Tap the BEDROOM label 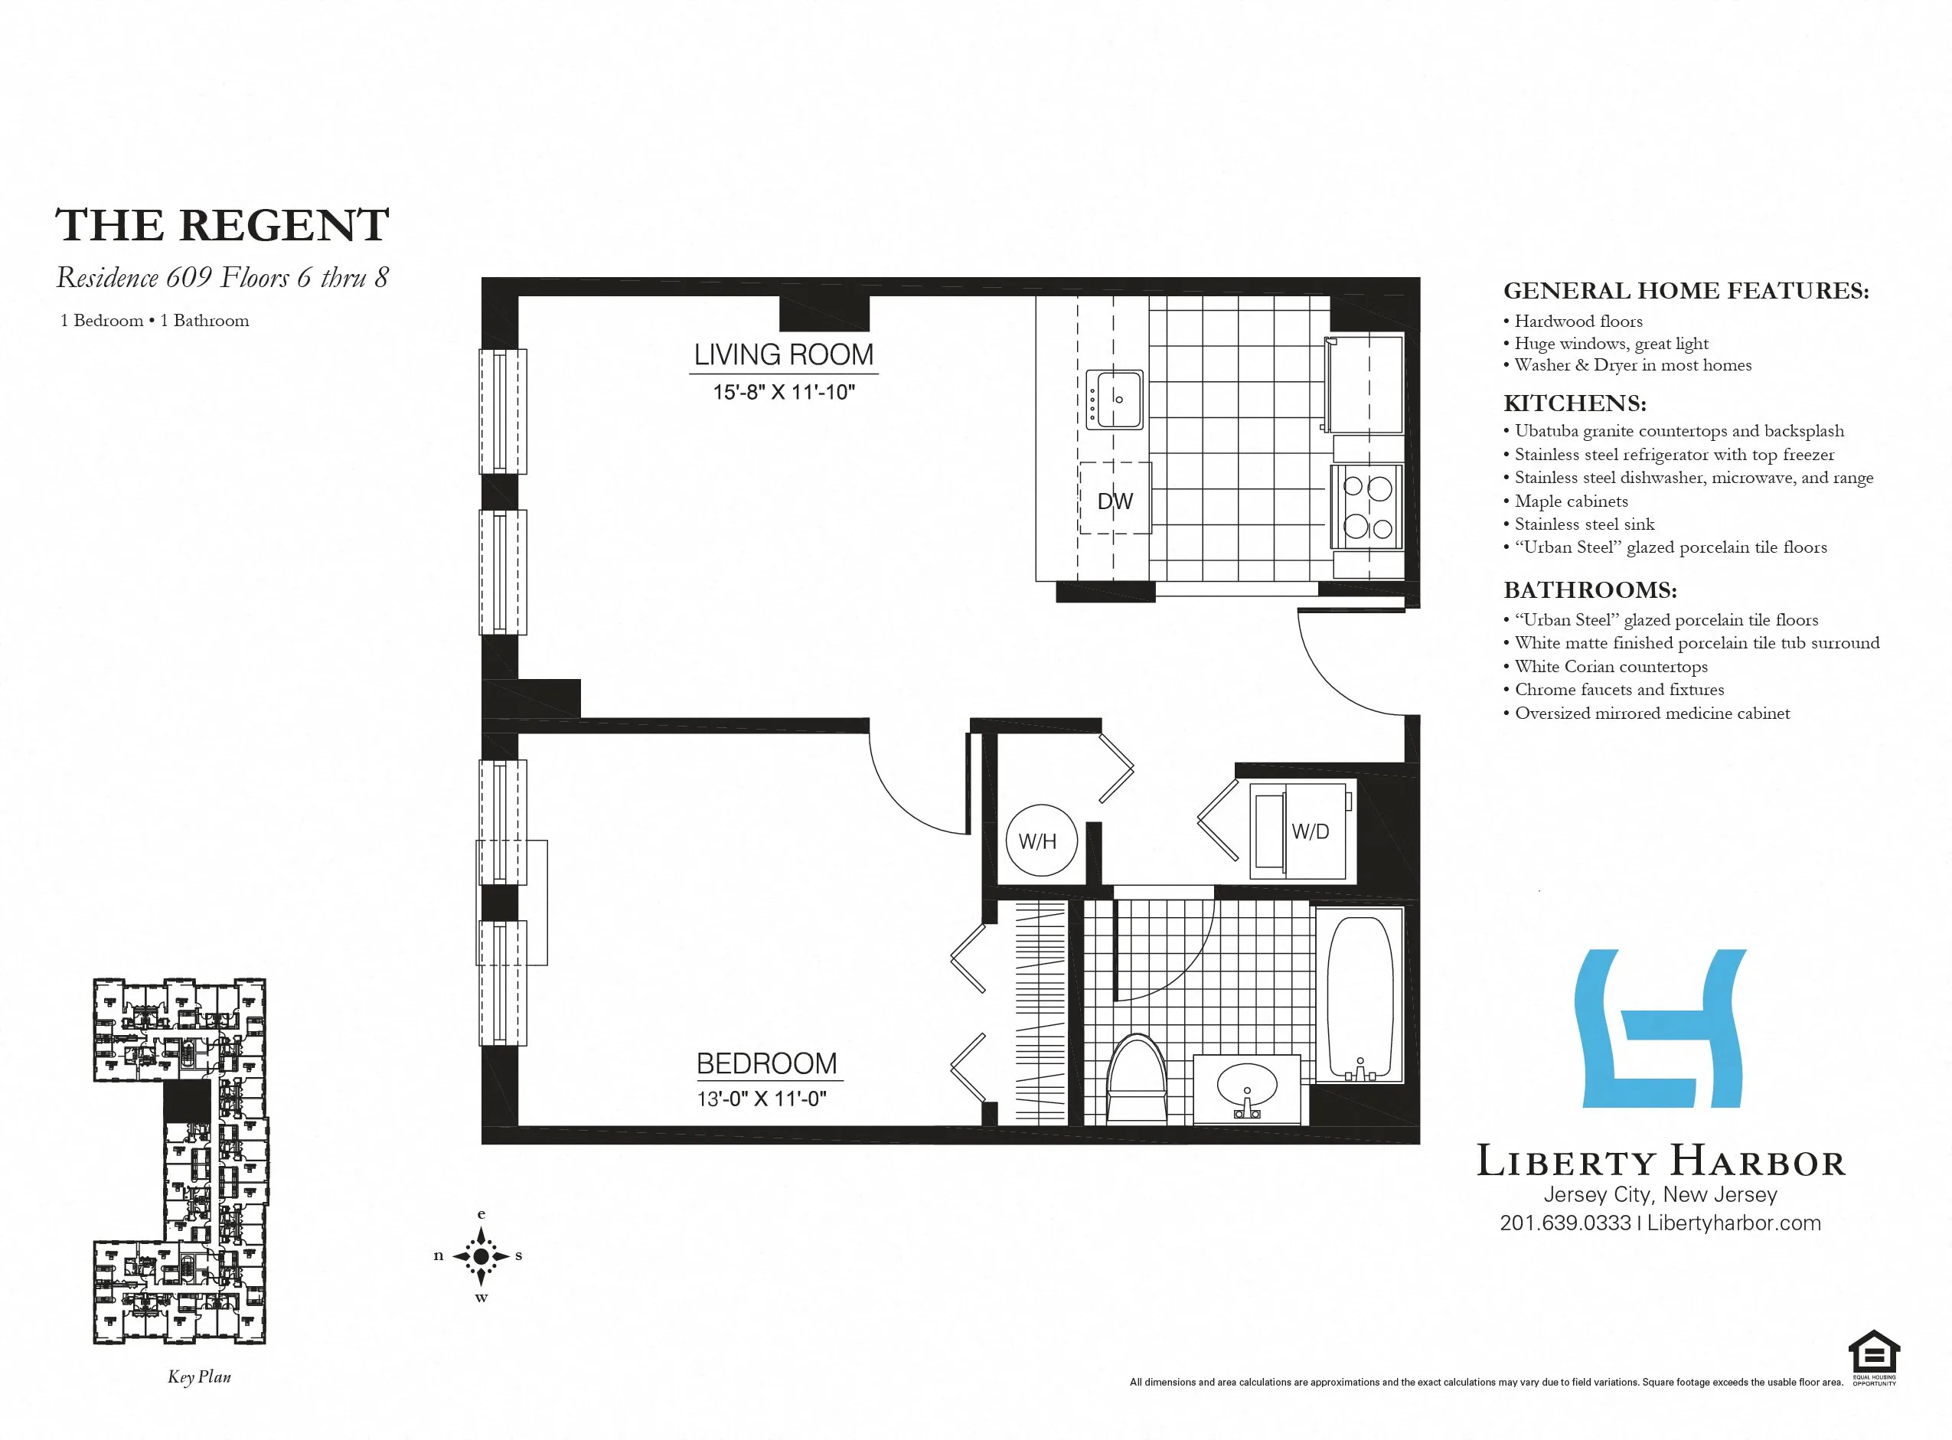pos(766,1063)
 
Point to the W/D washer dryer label pos(1310,831)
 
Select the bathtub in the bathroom pos(1359,998)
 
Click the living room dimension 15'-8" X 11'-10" pos(783,392)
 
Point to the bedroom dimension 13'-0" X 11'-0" pos(761,1099)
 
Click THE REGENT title pos(222,226)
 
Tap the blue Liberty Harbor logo pos(1660,1029)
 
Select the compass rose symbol pos(481,1256)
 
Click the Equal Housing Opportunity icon pos(1874,1357)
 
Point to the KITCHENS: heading pos(1575,403)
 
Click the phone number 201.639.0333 pos(1565,1223)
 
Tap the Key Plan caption pos(200,1377)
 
